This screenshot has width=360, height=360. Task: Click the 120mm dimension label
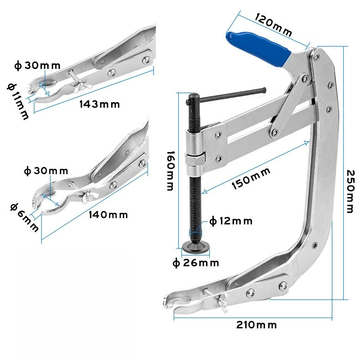pos(273,25)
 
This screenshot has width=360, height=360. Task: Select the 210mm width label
pos(256,324)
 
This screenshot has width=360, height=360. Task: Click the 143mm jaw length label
pos(100,104)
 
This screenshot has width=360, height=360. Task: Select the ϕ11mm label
pos(17,101)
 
